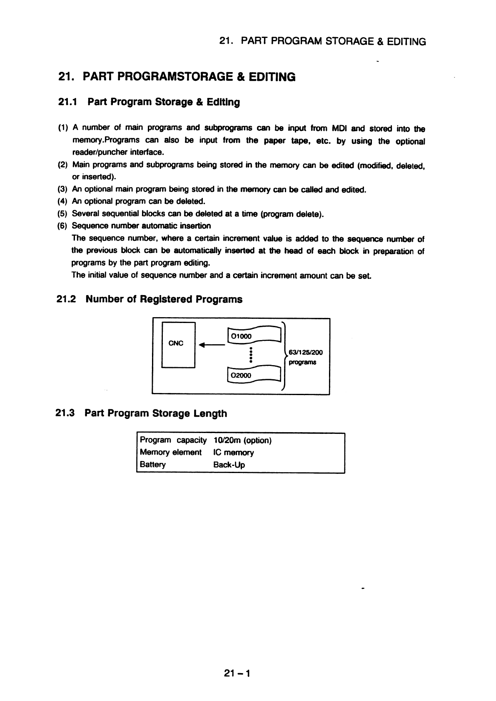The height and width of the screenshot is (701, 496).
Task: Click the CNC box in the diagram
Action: [178, 345]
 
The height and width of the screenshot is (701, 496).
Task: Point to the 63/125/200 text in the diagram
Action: [306, 353]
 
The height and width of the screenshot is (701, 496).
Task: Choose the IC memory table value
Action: [233, 453]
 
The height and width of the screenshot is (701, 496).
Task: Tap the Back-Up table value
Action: [229, 465]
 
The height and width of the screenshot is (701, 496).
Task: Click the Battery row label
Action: [153, 465]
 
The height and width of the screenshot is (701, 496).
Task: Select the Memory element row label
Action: [171, 453]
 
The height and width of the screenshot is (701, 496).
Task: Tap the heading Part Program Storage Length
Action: [156, 413]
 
